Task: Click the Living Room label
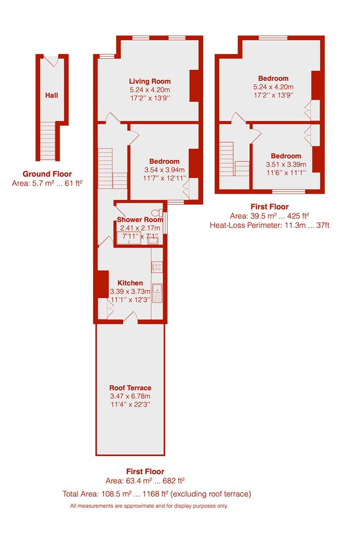(150, 81)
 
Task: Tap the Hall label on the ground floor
(51, 95)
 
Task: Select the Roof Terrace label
(130, 388)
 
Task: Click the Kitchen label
(130, 283)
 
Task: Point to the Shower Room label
(140, 219)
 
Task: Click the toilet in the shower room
(161, 213)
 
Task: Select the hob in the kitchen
(157, 267)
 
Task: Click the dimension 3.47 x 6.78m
(130, 396)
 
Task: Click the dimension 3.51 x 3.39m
(286, 164)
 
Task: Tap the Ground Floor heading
(47, 173)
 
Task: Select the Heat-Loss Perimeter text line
(269, 225)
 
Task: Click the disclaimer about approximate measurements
(149, 506)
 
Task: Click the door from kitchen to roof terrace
(130, 317)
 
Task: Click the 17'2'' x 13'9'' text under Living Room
(150, 98)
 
